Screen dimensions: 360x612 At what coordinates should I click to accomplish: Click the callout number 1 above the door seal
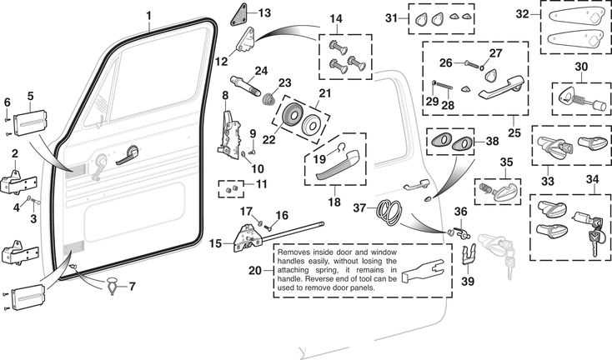(149, 15)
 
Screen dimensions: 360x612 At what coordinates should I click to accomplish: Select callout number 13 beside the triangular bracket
(264, 12)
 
